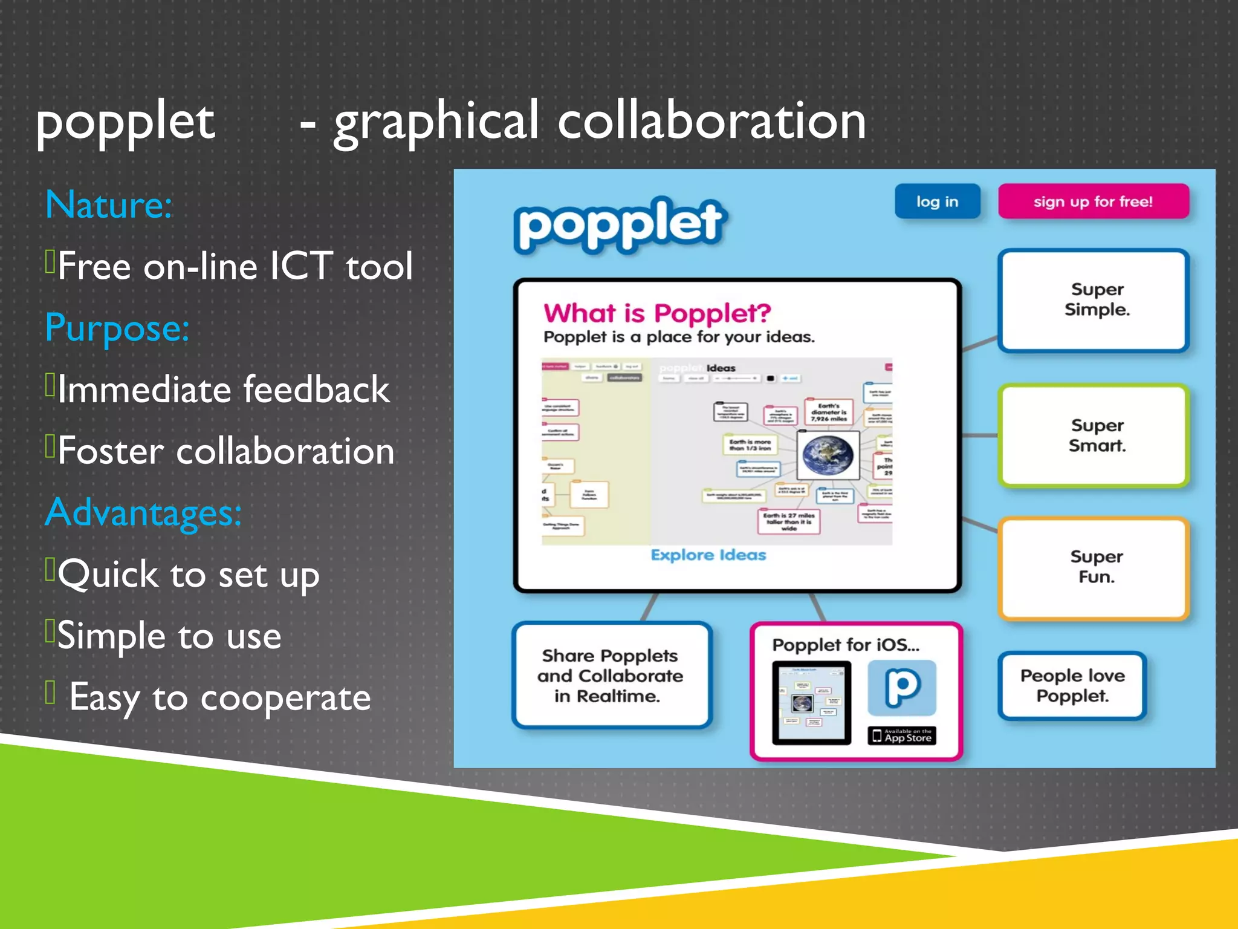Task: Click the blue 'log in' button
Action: [x=937, y=201]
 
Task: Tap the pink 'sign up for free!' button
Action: [x=1093, y=201]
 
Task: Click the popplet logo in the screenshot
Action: [x=620, y=223]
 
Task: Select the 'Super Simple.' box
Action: [x=1094, y=300]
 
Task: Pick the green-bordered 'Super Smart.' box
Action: [x=1094, y=435]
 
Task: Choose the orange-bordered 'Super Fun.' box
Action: [x=1094, y=567]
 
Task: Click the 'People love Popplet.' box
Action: [x=1072, y=685]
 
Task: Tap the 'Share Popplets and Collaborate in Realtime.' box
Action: [x=611, y=676]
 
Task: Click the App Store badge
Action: [x=902, y=735]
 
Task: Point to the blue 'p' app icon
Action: [x=902, y=688]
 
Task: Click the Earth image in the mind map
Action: [x=828, y=455]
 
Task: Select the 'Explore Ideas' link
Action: [x=708, y=555]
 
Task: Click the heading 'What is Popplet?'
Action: [x=657, y=313]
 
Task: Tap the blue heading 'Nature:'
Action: [x=109, y=205]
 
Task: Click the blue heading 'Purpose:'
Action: [x=117, y=328]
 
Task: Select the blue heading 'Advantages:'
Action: [x=143, y=513]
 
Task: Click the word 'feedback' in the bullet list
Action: [x=316, y=390]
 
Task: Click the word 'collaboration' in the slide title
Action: [x=711, y=121]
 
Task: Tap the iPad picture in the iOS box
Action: [x=811, y=703]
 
